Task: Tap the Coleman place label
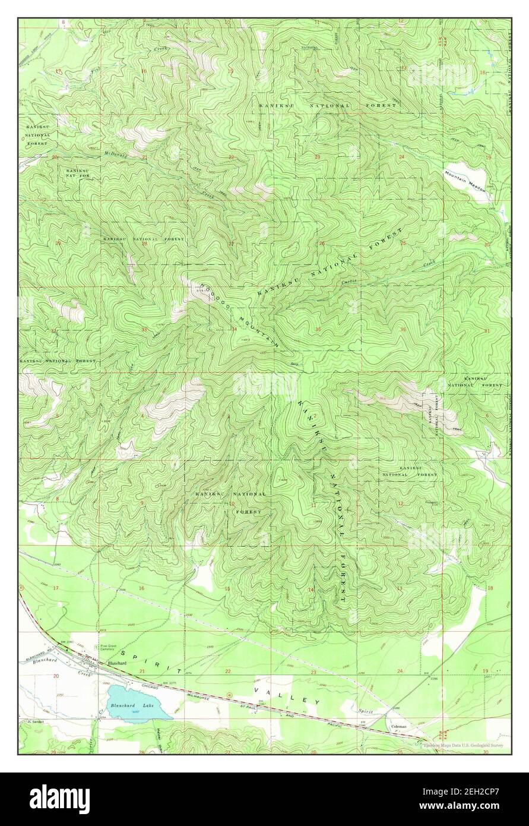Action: coord(398,726)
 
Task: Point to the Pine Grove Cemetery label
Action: coord(107,649)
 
